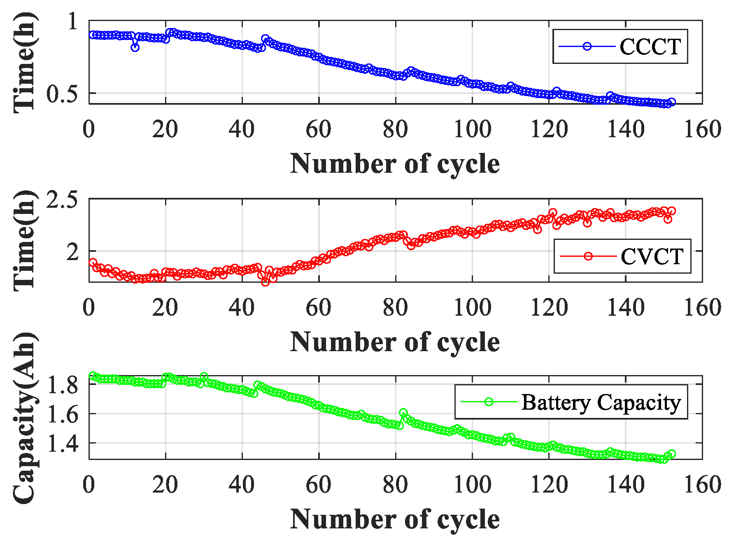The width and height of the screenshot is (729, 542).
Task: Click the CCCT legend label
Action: pyautogui.click(x=650, y=47)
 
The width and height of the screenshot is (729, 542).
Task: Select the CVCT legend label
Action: pyautogui.click(x=652, y=256)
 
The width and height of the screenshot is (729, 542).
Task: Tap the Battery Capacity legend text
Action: pyautogui.click(x=601, y=402)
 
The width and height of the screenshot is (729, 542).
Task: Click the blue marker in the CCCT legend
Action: pyautogui.click(x=587, y=46)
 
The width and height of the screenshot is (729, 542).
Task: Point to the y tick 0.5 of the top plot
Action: pyautogui.click(x=62, y=94)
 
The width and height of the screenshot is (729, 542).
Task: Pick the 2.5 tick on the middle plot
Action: pyautogui.click(x=62, y=200)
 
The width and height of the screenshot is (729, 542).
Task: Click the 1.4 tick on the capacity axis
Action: pyautogui.click(x=62, y=443)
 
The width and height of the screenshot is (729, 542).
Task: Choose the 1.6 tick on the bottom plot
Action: pyautogui.click(x=62, y=414)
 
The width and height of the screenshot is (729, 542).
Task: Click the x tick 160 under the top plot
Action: pyautogui.click(x=702, y=129)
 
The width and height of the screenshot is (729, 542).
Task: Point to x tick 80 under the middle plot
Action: pyautogui.click(x=395, y=308)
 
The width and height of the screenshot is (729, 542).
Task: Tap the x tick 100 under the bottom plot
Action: pyautogui.click(x=472, y=485)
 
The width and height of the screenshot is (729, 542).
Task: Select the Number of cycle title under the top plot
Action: pyautogui.click(x=395, y=164)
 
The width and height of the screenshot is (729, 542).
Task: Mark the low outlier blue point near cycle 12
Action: pyautogui.click(x=135, y=47)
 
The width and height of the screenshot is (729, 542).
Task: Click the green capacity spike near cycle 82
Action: pyautogui.click(x=403, y=413)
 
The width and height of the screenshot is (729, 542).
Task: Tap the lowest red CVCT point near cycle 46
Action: pyautogui.click(x=266, y=282)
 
